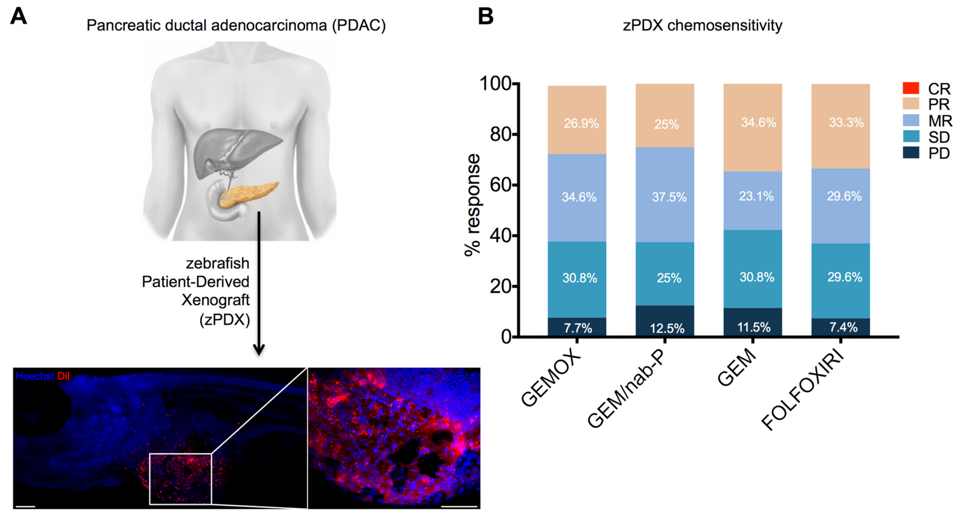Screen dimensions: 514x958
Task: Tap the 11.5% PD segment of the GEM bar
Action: point(753,323)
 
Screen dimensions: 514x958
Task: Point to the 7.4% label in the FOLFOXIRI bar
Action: point(843,327)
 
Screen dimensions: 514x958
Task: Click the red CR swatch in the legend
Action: point(911,88)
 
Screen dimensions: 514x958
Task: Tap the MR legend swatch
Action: point(911,121)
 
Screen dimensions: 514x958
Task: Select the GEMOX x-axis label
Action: point(551,379)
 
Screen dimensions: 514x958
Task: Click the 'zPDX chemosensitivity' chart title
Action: point(702,25)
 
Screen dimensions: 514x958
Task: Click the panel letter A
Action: point(19,17)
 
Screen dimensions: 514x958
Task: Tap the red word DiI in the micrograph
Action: point(63,376)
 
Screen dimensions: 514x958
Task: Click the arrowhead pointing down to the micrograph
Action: point(259,349)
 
